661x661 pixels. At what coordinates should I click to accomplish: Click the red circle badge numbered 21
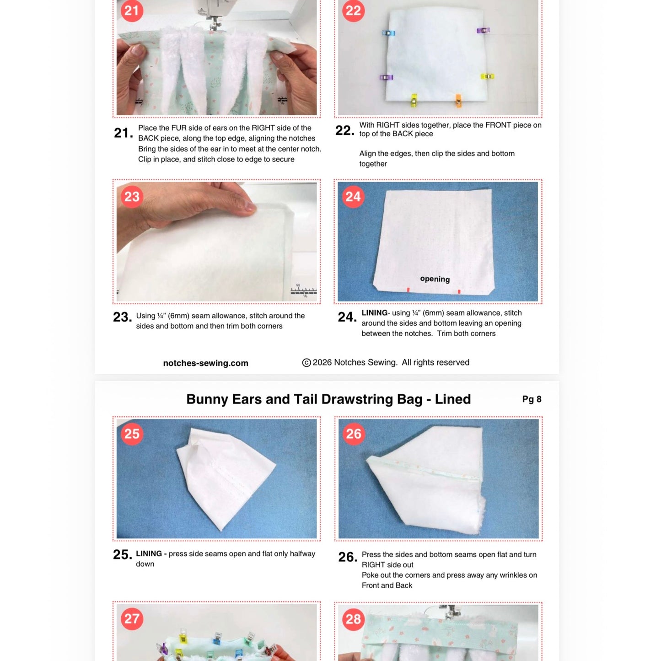click(x=132, y=11)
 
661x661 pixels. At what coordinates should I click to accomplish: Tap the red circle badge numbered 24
click(x=353, y=197)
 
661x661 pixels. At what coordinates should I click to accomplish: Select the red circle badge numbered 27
click(x=132, y=619)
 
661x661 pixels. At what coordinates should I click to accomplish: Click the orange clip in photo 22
click(x=458, y=100)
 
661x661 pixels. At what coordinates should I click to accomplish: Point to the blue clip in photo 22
click(x=388, y=33)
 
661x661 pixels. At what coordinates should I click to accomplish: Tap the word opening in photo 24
click(x=435, y=279)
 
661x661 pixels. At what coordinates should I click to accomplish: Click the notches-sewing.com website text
click(x=205, y=363)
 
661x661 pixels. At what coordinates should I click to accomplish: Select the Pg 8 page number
click(x=532, y=399)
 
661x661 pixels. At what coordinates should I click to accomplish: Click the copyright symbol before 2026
click(x=306, y=363)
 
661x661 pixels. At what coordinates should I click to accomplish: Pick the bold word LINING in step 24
click(x=374, y=313)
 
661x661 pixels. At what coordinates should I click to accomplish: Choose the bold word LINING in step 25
click(x=149, y=554)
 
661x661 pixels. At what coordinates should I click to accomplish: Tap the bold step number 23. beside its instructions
click(x=122, y=317)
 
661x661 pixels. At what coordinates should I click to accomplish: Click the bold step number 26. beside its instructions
click(x=348, y=557)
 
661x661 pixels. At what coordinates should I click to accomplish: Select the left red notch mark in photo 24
click(x=408, y=290)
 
